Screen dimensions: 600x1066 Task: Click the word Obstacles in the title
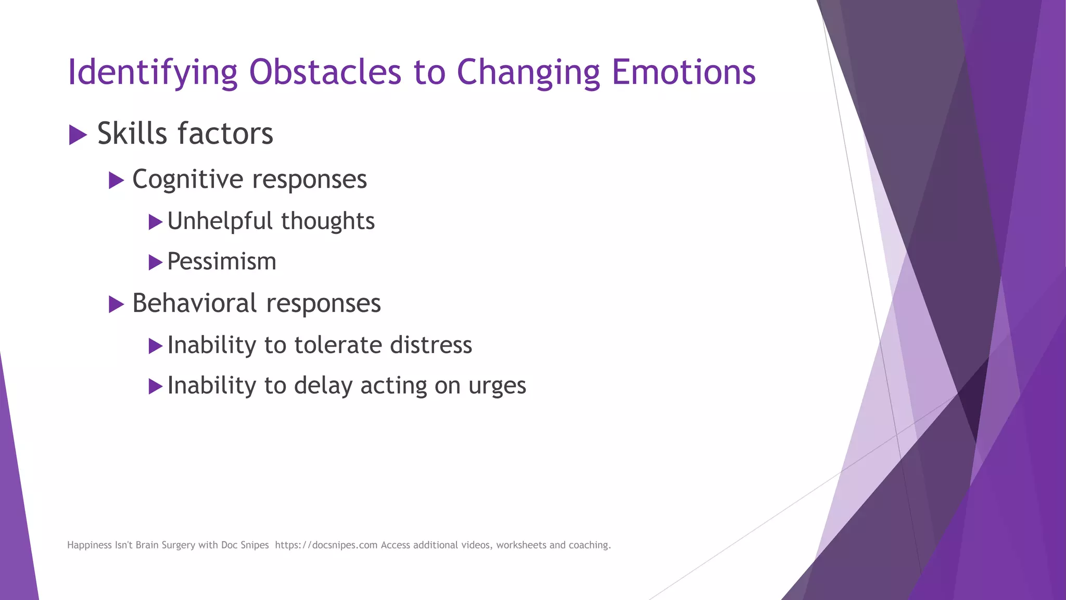(325, 72)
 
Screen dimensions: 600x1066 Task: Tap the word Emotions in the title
(683, 72)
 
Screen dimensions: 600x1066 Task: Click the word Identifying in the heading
(153, 73)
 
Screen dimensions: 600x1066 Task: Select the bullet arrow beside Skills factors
(78, 135)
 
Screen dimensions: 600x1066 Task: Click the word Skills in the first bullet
(132, 133)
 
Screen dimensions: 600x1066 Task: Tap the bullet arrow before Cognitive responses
(116, 181)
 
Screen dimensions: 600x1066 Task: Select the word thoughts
(328, 221)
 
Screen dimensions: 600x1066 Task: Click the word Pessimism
(222, 261)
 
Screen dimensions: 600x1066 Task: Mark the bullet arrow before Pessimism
(155, 262)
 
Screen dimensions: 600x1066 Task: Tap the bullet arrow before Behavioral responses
(116, 304)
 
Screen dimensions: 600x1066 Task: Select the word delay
(323, 385)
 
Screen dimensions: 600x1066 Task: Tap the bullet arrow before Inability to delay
(155, 386)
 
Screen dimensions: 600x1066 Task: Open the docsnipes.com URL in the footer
(326, 545)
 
